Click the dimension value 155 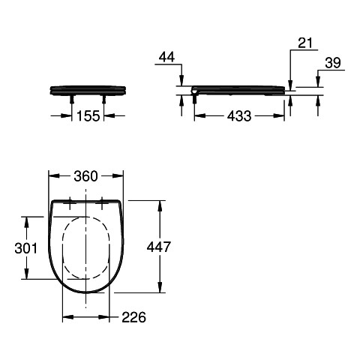click(x=88, y=115)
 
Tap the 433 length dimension click(x=239, y=116)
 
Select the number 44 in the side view click(x=167, y=58)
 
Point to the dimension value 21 click(x=305, y=43)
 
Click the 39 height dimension click(x=333, y=63)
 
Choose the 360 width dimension click(x=85, y=176)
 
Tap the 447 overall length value click(x=159, y=247)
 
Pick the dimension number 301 click(x=25, y=248)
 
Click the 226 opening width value click(x=133, y=317)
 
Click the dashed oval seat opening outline click(x=62, y=248)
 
